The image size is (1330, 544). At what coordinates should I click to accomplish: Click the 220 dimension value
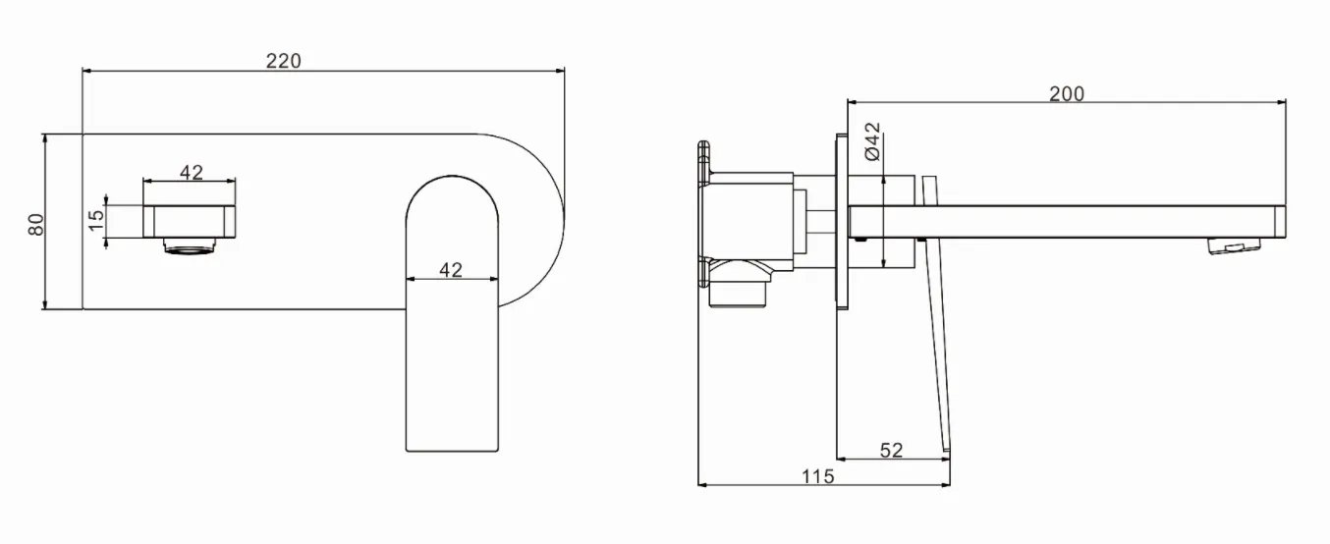coord(283,61)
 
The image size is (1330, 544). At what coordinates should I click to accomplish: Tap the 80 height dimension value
coord(36,224)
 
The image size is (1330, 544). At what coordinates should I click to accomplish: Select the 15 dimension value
coord(95,221)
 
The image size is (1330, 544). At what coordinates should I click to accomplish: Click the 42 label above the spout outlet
coord(192,173)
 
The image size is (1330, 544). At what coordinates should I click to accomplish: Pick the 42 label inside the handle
coord(451,270)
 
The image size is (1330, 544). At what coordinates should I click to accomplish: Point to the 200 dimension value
coord(1067,94)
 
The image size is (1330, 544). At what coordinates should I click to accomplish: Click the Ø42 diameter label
coord(872,141)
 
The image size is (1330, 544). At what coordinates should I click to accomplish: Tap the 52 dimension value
coord(891,451)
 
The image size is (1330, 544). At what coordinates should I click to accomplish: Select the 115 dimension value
coord(817,476)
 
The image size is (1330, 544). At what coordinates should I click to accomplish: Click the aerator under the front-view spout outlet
coord(190,245)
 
